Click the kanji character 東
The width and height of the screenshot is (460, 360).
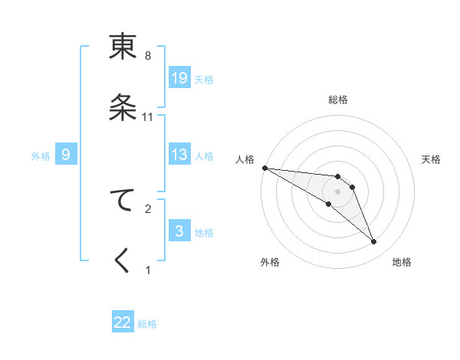[123, 47]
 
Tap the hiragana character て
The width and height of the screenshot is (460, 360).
[123, 201]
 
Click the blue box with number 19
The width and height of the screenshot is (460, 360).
[179, 78]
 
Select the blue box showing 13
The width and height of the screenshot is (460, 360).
[179, 155]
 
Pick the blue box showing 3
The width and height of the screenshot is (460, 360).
[179, 231]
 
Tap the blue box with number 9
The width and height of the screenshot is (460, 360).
[66, 155]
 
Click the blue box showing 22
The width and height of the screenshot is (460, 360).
[123, 322]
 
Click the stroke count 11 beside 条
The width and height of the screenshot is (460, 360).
[148, 117]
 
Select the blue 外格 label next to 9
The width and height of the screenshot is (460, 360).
[41, 155]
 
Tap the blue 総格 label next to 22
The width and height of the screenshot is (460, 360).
[147, 324]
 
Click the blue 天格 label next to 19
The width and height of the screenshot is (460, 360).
[203, 79]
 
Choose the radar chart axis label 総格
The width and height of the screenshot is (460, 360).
[337, 100]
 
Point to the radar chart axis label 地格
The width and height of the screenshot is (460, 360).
[402, 262]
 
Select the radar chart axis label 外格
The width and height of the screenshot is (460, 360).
[270, 262]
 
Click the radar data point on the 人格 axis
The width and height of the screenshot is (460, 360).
[264, 168]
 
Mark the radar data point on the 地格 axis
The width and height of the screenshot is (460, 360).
[374, 242]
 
